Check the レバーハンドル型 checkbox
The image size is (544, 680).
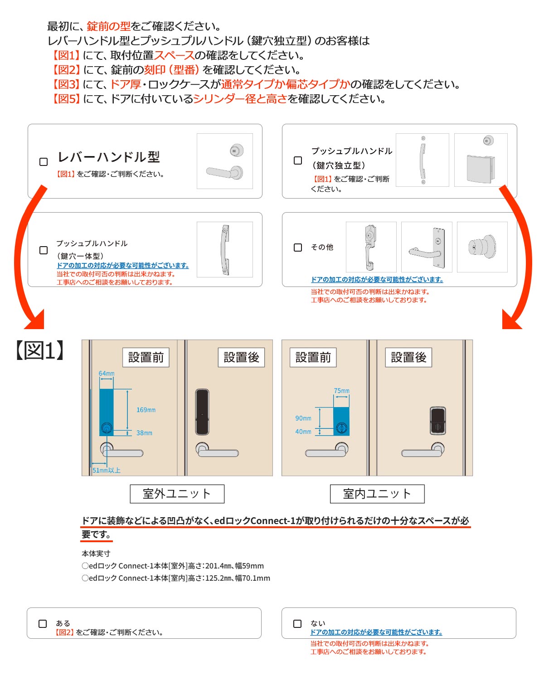(x=44, y=162)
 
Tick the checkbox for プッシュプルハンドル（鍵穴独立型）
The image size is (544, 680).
(x=297, y=160)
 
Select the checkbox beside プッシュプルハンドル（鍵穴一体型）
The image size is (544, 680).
(x=44, y=250)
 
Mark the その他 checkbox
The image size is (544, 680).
(x=297, y=247)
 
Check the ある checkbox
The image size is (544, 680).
(x=42, y=623)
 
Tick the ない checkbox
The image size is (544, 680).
(x=297, y=623)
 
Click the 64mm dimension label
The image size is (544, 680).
(x=106, y=373)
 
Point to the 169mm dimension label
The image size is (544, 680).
(x=146, y=409)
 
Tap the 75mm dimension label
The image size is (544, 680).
(x=341, y=391)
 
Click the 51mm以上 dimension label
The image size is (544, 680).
(x=106, y=470)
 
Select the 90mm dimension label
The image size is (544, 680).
(x=303, y=418)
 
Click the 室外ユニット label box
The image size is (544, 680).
(x=177, y=494)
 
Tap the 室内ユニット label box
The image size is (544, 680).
(x=377, y=494)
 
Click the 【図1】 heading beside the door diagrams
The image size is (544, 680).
(x=40, y=350)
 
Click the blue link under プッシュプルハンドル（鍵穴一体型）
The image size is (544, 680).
(x=123, y=266)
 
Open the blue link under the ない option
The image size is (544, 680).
(x=376, y=632)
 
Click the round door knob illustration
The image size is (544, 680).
(x=482, y=247)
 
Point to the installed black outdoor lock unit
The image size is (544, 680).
(x=202, y=412)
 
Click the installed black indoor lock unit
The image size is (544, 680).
(x=438, y=421)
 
